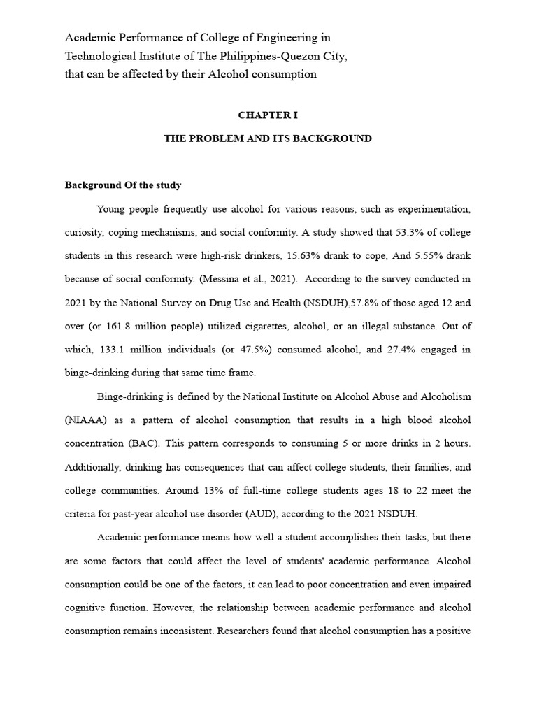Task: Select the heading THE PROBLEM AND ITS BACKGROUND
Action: point(268,138)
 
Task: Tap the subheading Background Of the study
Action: point(123,185)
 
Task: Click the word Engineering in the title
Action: point(290,37)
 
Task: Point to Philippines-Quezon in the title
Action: point(262,56)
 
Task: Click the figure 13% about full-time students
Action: point(185,489)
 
